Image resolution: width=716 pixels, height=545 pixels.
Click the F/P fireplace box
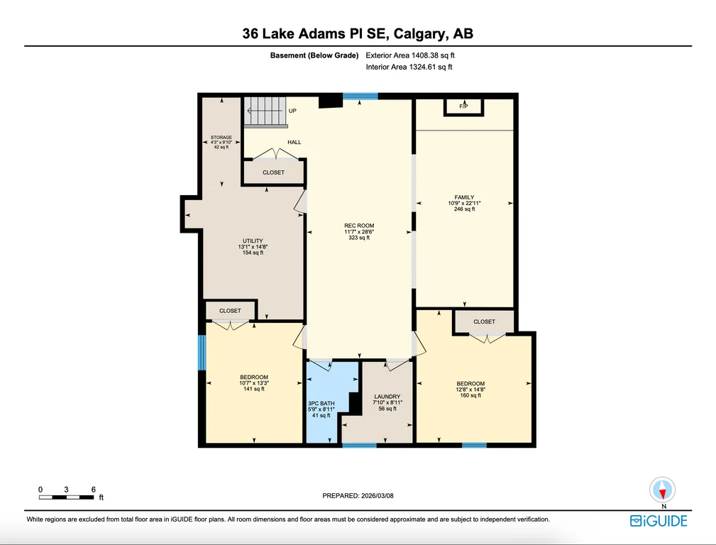(x=463, y=107)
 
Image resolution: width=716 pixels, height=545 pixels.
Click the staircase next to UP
(x=265, y=111)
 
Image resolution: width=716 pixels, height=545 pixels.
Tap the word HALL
(x=294, y=142)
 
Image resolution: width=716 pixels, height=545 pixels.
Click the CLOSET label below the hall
(x=273, y=172)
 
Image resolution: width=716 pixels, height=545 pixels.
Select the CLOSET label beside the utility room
(x=230, y=311)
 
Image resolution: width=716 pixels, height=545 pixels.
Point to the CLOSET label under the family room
(x=484, y=321)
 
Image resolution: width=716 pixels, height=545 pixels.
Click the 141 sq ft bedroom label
(x=254, y=382)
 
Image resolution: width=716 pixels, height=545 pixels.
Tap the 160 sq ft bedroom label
(x=470, y=389)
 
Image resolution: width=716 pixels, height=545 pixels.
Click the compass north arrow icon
(x=663, y=490)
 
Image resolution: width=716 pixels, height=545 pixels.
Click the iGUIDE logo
(x=659, y=521)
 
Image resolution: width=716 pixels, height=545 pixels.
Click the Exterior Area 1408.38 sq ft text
(x=410, y=55)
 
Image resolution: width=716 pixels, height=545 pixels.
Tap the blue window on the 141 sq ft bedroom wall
(x=202, y=353)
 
